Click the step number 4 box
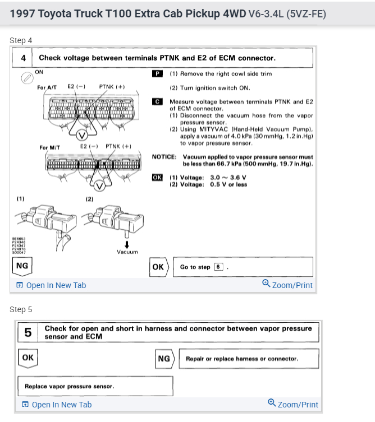23,58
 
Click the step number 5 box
28,332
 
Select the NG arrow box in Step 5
164,358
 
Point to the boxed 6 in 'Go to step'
218,267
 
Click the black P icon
157,73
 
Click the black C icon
157,101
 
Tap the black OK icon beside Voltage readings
157,177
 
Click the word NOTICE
164,156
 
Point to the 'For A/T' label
47,87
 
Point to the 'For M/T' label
49,147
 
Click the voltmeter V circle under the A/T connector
82,135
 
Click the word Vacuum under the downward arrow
127,252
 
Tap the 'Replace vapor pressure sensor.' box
95,386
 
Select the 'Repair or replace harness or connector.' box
249,359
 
